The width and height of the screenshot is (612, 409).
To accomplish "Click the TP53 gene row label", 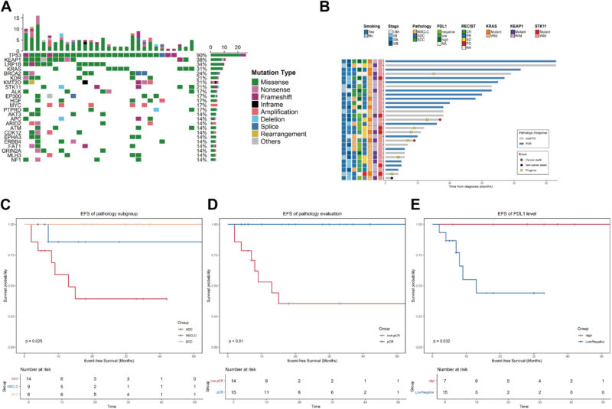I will [x=14, y=55].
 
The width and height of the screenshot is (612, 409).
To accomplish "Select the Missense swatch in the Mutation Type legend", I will [x=256, y=80].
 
